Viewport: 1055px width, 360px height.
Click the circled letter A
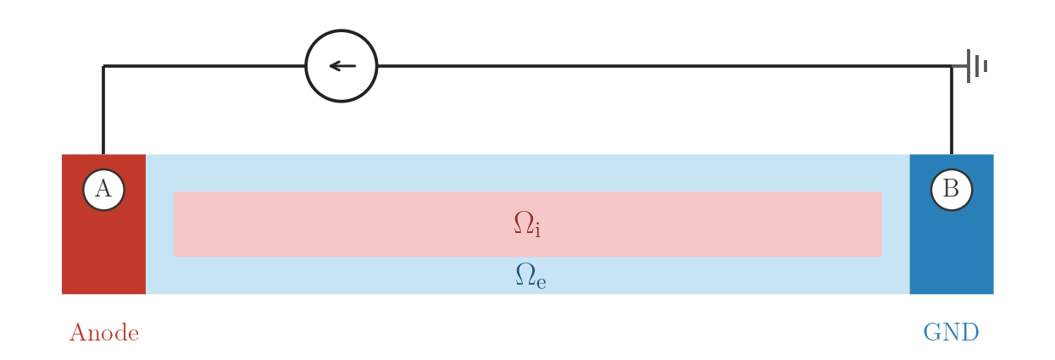click(103, 190)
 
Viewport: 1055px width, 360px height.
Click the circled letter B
click(952, 190)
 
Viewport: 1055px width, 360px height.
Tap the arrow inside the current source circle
click(342, 66)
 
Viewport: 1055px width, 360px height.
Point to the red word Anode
click(104, 333)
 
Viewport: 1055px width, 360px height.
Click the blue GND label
click(951, 332)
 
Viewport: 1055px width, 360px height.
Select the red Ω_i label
click(527, 224)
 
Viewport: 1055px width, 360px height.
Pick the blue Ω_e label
click(530, 275)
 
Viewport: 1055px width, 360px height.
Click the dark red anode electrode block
click(103, 249)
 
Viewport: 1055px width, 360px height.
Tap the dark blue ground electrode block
click(952, 249)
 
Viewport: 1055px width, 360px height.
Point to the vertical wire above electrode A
click(103, 110)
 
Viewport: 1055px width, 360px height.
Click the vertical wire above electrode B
click(952, 110)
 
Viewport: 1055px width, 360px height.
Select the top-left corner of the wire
click(103, 66)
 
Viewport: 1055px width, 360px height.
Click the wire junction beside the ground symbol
click(952, 66)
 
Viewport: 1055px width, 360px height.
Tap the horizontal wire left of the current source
click(204, 66)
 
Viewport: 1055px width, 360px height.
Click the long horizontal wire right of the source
click(664, 66)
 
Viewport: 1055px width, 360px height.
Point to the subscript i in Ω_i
click(537, 230)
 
